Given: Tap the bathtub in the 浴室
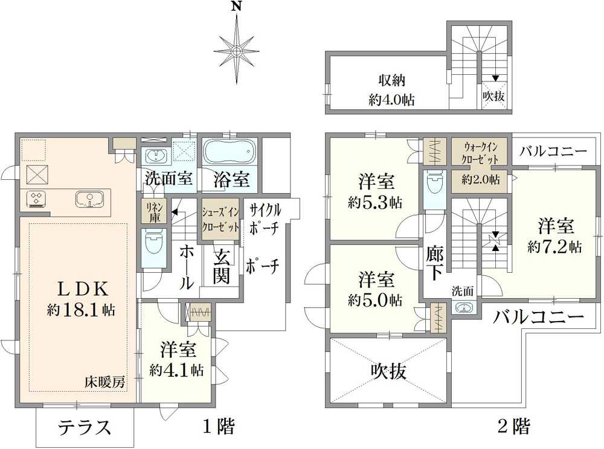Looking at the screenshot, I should (x=230, y=150).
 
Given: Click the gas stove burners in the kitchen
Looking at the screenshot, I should (x=37, y=198).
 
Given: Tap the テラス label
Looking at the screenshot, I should (x=85, y=428).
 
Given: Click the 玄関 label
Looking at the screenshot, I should (x=221, y=266).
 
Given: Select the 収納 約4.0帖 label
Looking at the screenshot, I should (x=391, y=91).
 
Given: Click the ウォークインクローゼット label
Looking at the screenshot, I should (x=481, y=153).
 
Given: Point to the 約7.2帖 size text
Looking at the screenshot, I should (x=554, y=247).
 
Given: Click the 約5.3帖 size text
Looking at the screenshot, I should (x=375, y=203).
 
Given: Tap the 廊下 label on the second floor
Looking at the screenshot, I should (x=434, y=263).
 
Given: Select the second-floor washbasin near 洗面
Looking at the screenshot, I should (x=463, y=308).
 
